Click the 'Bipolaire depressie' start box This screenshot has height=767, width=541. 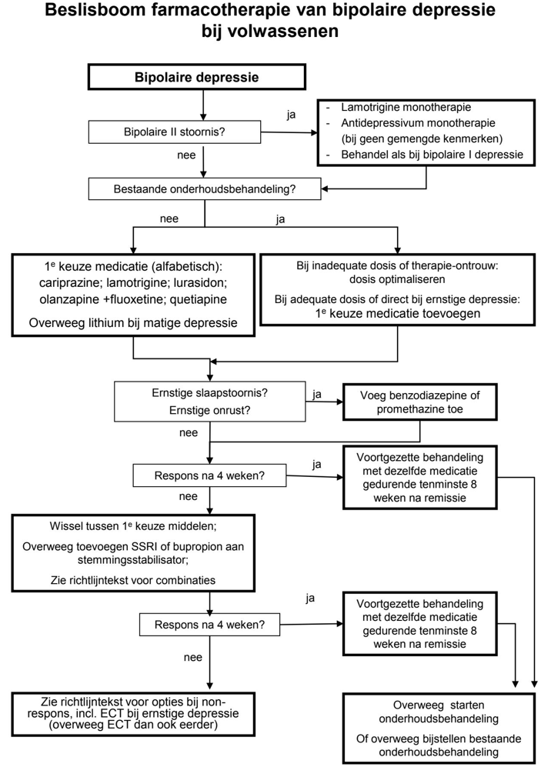197,77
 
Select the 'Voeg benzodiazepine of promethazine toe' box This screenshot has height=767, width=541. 419,402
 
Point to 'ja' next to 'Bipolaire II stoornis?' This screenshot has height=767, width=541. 291,115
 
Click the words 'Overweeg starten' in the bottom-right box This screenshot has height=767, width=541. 436,705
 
